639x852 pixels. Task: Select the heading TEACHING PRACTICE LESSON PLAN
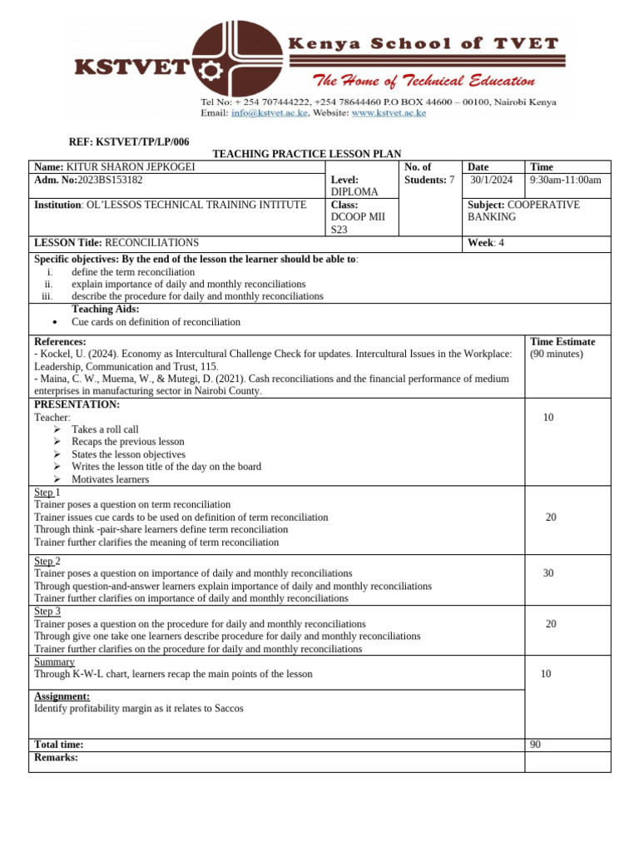coord(307,155)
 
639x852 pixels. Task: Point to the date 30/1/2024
coord(492,180)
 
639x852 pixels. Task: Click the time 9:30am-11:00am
coord(565,180)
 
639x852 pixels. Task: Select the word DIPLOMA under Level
coord(354,192)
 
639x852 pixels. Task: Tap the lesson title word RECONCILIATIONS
coord(151,243)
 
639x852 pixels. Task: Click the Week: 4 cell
coord(487,243)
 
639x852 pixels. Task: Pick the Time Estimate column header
coord(562,342)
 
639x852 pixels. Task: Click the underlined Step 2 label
coord(47,561)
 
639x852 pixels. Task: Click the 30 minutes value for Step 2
coord(548,573)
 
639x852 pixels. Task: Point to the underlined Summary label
coord(54,661)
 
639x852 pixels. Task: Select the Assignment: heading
coord(62,696)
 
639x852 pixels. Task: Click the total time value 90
coord(535,745)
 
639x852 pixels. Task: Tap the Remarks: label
coord(56,758)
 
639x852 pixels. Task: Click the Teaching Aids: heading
coord(106,309)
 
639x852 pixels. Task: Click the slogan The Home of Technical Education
coord(424,81)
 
